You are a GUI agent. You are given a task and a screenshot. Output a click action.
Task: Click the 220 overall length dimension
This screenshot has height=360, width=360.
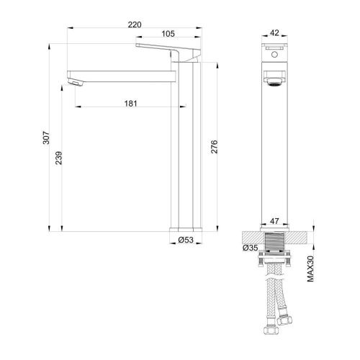pyautogui.click(x=134, y=24)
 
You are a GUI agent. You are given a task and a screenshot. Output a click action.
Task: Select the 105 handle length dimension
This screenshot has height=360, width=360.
pyautogui.click(x=168, y=34)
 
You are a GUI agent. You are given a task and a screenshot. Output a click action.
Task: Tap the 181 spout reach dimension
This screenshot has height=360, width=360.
pyautogui.click(x=130, y=104)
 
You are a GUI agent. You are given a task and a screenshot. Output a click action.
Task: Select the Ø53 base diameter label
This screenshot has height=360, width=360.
pyautogui.click(x=186, y=239)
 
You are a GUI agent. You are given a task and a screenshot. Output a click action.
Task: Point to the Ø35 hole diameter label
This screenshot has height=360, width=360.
pyautogui.click(x=251, y=248)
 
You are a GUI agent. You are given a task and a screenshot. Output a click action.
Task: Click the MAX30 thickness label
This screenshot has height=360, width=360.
pyautogui.click(x=310, y=270)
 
